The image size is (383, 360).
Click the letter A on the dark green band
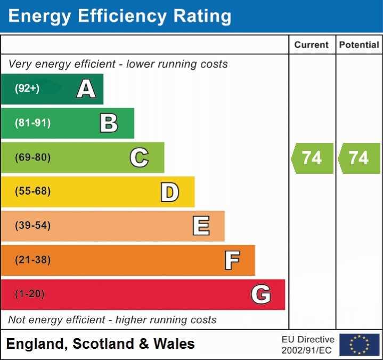(86, 89)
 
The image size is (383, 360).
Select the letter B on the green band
(109, 123)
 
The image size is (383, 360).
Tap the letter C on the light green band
(139, 157)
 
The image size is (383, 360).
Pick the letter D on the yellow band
(169, 192)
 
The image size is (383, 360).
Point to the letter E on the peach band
(200, 226)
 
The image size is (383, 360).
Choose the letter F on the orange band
(231, 260)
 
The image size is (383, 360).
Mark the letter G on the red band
(261, 294)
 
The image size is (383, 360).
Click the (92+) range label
(27, 89)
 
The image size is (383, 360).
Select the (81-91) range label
(32, 123)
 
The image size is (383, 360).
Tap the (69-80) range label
(32, 157)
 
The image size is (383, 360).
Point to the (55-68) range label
(32, 191)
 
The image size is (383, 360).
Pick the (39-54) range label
(32, 226)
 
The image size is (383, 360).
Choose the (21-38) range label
(32, 260)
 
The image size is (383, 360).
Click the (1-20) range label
(30, 294)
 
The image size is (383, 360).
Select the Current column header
(312, 45)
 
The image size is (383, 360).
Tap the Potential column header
(359, 45)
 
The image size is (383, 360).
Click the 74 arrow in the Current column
(312, 158)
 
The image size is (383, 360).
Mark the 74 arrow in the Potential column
(359, 158)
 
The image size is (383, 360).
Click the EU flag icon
(359, 345)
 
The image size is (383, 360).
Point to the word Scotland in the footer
(103, 344)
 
